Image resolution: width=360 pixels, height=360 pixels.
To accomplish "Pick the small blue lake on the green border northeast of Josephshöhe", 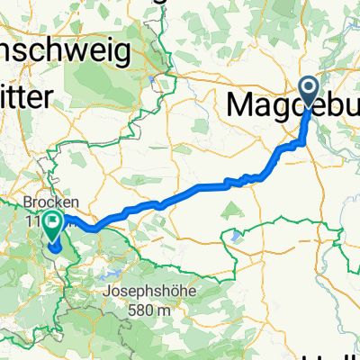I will [236, 235].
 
